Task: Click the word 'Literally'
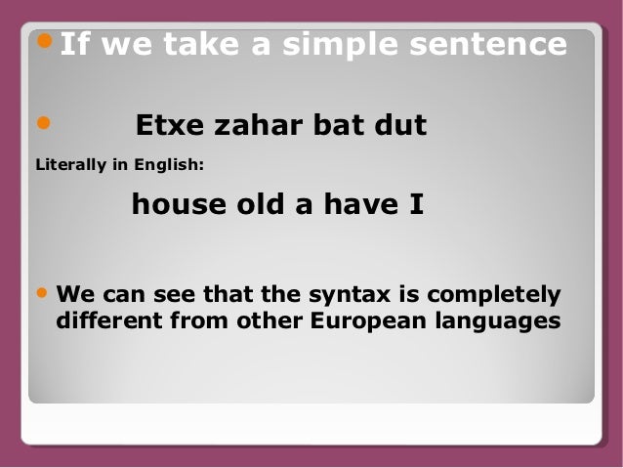pyautogui.click(x=68, y=165)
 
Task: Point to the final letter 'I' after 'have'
pyautogui.click(x=415, y=206)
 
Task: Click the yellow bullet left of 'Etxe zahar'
pyautogui.click(x=42, y=124)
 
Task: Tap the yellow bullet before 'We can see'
pyautogui.click(x=42, y=293)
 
